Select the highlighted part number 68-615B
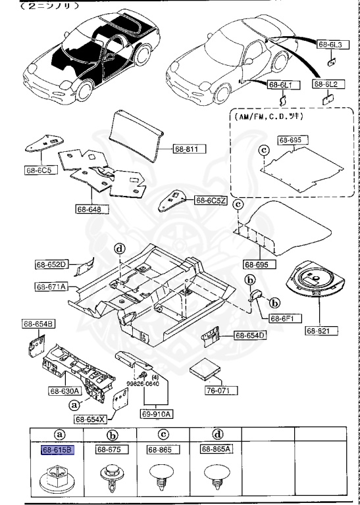(57, 450)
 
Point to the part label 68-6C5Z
(210, 199)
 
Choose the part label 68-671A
(51, 287)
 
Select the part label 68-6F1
(284, 318)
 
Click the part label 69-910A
(156, 414)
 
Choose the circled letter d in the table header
(216, 434)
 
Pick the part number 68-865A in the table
(217, 450)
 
